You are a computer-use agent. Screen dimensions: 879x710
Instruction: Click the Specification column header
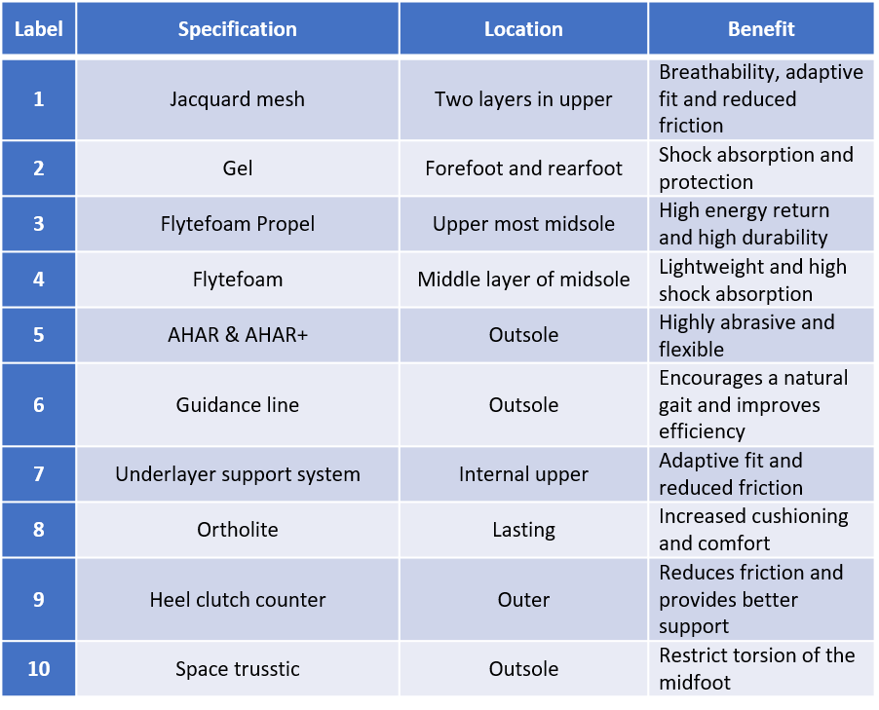click(237, 29)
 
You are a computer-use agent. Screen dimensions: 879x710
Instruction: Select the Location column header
click(523, 29)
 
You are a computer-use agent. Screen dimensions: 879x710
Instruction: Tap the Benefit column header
click(761, 29)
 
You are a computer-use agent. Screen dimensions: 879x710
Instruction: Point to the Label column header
click(39, 29)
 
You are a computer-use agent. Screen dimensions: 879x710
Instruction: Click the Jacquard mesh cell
click(237, 99)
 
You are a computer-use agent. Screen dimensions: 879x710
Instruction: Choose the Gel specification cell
click(237, 168)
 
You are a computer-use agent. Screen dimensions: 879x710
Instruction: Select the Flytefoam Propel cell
click(237, 224)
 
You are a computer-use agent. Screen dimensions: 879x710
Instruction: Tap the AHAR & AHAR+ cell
click(237, 334)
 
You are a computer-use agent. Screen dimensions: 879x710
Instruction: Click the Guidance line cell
click(237, 404)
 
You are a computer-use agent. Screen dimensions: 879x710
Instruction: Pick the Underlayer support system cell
click(237, 474)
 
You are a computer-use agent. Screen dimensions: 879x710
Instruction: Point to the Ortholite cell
click(237, 530)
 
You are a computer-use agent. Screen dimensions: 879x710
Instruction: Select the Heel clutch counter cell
click(237, 600)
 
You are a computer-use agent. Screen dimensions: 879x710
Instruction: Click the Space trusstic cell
click(237, 668)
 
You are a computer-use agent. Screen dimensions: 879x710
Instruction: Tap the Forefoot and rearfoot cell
click(523, 168)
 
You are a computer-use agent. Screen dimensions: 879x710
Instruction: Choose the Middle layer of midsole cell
click(523, 280)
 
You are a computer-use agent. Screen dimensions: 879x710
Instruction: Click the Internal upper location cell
click(523, 474)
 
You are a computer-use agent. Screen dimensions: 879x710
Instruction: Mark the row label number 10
click(39, 668)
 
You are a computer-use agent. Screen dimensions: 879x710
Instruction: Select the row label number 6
click(39, 404)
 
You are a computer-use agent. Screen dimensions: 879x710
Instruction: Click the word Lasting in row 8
click(523, 530)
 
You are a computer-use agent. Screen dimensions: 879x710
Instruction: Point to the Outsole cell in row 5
click(523, 334)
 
